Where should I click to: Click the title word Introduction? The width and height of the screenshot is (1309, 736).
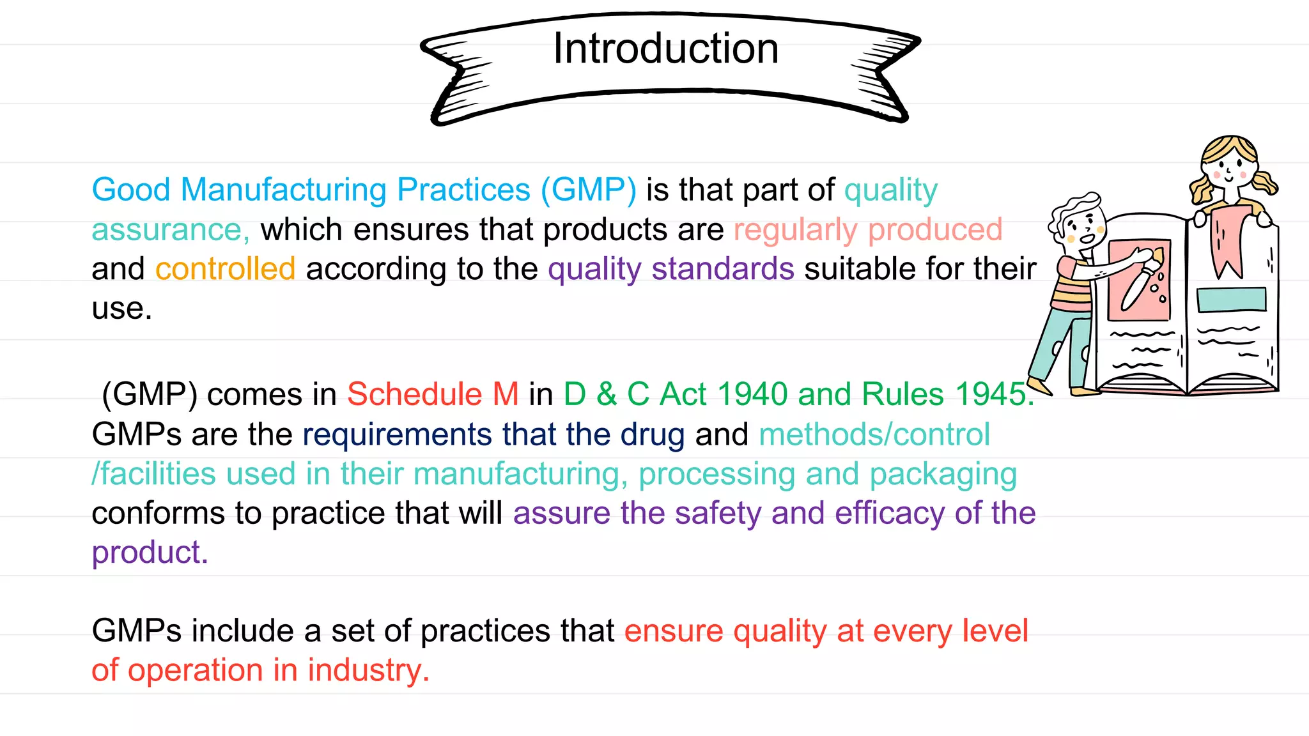coord(665,49)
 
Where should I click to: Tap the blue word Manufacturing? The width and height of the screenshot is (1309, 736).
coord(283,190)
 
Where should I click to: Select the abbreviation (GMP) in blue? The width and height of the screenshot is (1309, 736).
coord(588,190)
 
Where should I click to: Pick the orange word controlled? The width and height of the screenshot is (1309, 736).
coord(225,269)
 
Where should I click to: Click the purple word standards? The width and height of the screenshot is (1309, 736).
coord(723,269)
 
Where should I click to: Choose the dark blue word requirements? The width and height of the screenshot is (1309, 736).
coord(397,435)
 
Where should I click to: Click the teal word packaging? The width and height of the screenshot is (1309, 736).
coord(943,475)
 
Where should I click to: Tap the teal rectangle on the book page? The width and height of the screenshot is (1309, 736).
coord(1231,300)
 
